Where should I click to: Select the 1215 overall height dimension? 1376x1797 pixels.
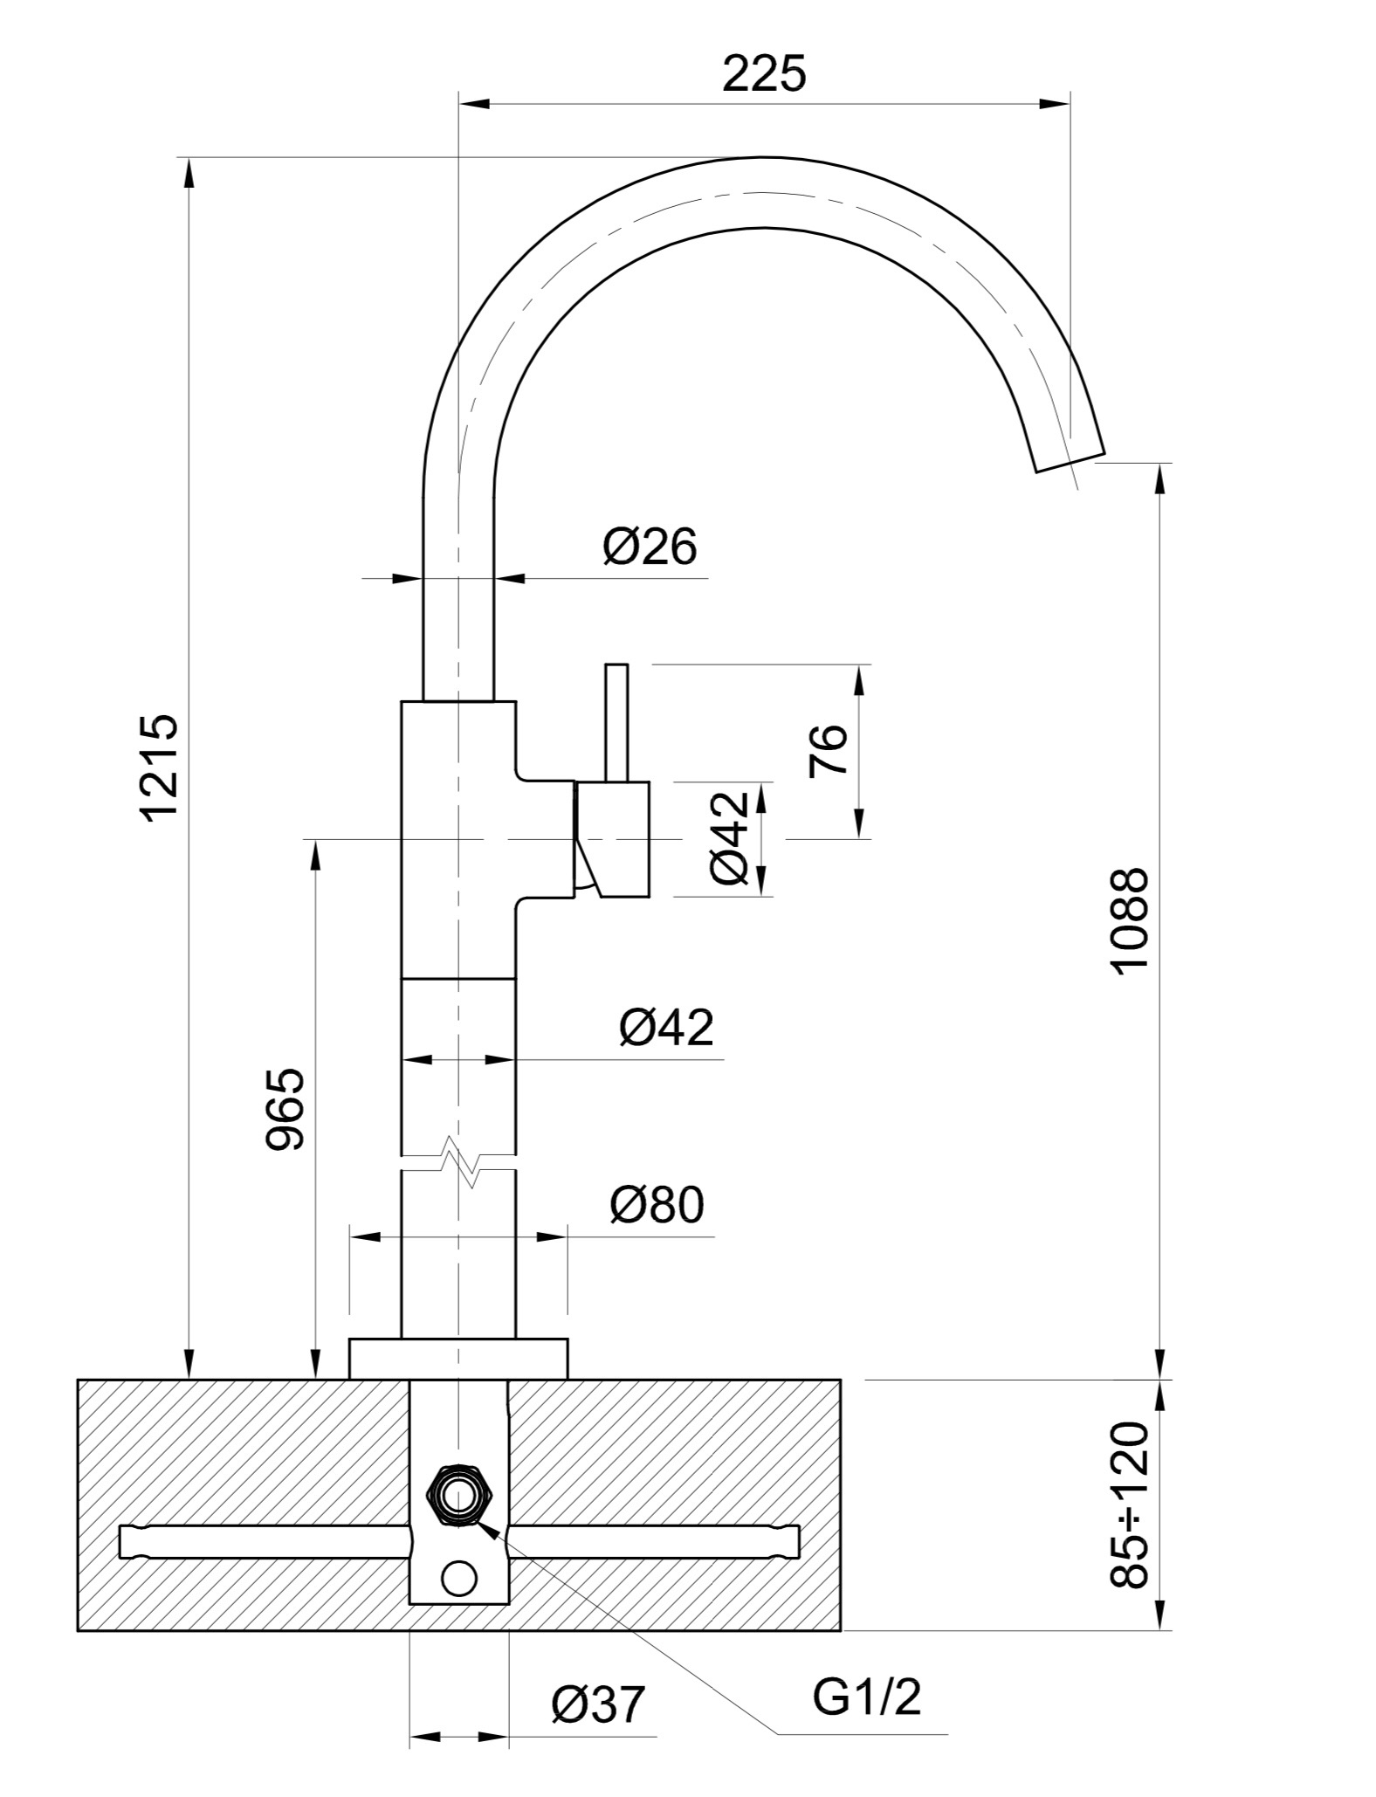click(x=161, y=768)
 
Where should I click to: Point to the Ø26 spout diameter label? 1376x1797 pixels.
click(x=650, y=548)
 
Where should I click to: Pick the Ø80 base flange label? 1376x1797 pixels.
click(x=657, y=1205)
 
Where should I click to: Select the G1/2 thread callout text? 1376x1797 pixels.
click(x=867, y=1698)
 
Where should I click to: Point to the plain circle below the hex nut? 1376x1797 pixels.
click(x=459, y=1578)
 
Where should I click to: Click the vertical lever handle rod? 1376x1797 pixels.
click(x=616, y=722)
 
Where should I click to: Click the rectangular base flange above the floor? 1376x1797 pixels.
click(x=458, y=1359)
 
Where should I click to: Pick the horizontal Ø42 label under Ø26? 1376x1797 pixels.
click(x=666, y=1027)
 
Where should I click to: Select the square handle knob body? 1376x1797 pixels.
click(x=612, y=839)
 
